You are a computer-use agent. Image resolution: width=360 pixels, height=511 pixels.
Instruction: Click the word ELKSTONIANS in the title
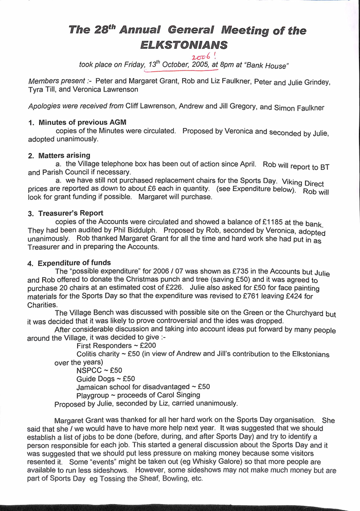pos(183,45)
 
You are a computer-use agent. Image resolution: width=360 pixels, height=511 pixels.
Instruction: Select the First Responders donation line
pos(109,346)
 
